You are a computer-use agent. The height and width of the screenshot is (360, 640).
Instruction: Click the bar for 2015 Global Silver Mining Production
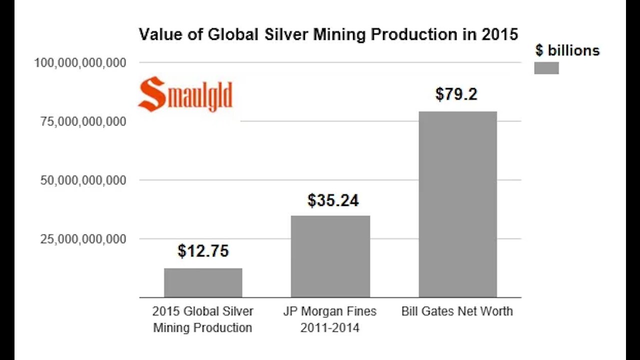(x=203, y=282)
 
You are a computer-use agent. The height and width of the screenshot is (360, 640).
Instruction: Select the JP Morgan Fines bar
(x=330, y=256)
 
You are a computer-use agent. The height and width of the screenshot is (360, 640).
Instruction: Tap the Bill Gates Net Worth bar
(x=457, y=204)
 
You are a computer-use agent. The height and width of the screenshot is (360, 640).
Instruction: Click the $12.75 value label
(x=203, y=251)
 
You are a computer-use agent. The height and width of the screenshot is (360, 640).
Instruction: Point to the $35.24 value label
(x=333, y=200)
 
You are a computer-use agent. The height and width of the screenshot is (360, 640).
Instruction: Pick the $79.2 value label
(x=456, y=94)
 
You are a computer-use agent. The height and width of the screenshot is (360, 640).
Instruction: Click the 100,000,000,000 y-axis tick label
(x=79, y=63)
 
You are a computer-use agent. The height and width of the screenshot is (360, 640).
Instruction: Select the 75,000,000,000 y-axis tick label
(x=82, y=121)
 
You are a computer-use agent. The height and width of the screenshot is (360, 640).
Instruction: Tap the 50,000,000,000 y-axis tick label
(x=82, y=180)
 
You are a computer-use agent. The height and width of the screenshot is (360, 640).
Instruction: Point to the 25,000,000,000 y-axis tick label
(x=82, y=239)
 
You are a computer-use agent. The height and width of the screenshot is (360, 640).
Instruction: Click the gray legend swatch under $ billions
(x=546, y=68)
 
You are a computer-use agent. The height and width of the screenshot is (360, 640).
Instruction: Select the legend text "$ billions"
(x=567, y=50)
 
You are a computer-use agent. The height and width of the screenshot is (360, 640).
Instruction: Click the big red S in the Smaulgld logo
(x=151, y=94)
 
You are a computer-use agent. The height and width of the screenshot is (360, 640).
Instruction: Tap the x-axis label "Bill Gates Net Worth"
(x=457, y=311)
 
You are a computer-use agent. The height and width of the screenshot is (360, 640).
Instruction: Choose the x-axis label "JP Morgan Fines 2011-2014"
(x=329, y=319)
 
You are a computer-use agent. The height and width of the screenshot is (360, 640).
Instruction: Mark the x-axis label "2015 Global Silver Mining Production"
(x=202, y=319)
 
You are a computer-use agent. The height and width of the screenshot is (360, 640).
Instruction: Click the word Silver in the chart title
(x=281, y=34)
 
